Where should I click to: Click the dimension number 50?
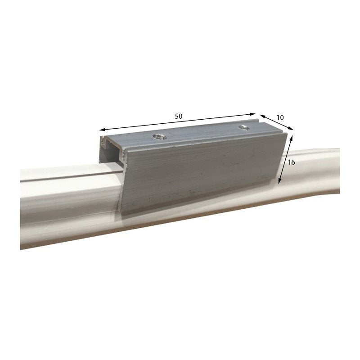[179, 116]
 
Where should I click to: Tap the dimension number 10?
[280, 117]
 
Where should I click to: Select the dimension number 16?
[291, 162]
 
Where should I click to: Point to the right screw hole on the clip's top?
[244, 127]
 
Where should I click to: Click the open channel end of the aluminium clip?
[110, 148]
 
